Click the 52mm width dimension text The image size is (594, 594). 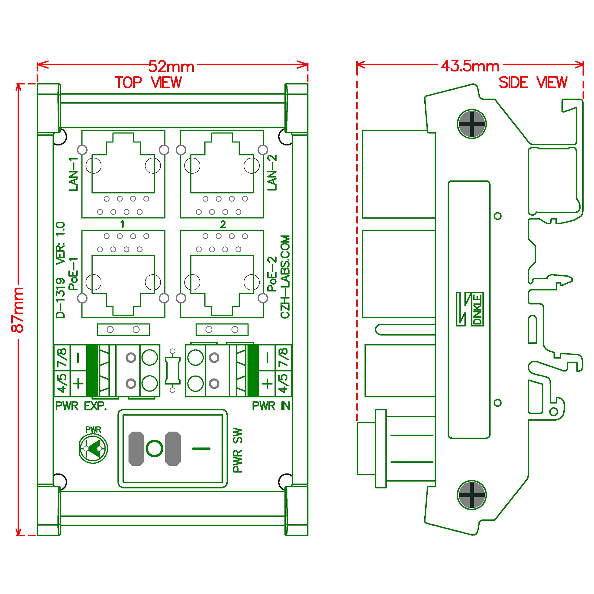(x=171, y=66)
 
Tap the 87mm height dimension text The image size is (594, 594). (x=18, y=310)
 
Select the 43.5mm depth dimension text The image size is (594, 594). (x=470, y=66)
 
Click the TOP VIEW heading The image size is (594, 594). (x=148, y=82)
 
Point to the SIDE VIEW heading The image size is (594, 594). (x=533, y=82)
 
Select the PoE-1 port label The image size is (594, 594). (x=74, y=274)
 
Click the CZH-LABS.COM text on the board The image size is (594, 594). (x=285, y=277)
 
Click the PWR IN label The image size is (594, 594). (x=271, y=406)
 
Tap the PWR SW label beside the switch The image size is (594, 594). (x=238, y=450)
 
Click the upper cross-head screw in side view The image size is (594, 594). (x=471, y=124)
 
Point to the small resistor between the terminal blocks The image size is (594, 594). (x=172, y=371)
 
